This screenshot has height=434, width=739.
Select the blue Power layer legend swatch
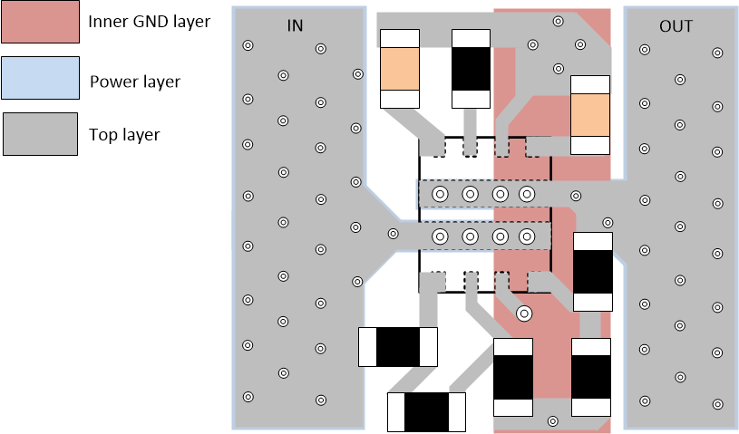click(40, 81)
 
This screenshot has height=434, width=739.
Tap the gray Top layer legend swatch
click(40, 134)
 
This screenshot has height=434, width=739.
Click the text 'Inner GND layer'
click(149, 21)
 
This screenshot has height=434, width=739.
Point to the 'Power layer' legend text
click(135, 82)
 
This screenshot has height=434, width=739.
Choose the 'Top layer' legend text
click(124, 135)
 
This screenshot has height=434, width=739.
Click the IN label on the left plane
click(295, 25)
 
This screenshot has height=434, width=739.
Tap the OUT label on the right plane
click(676, 26)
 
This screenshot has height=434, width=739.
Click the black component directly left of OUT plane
click(594, 271)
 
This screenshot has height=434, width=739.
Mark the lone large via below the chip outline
click(523, 313)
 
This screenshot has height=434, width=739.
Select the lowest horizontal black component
click(426, 412)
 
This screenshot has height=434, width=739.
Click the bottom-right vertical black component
click(591, 378)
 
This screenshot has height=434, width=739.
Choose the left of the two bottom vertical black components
click(513, 378)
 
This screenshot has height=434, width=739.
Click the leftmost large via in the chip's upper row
click(440, 194)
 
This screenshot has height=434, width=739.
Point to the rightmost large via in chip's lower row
click(526, 236)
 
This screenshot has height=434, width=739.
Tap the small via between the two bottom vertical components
click(552, 420)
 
